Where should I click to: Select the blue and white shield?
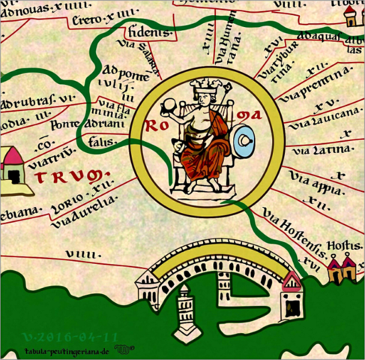coord(245,140)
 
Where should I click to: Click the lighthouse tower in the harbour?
coord(183,314)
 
